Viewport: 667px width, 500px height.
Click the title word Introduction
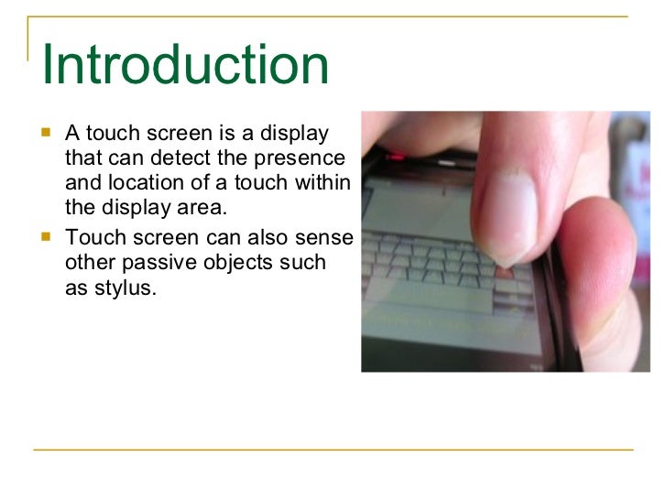point(185,65)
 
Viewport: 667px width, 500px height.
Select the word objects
point(243,263)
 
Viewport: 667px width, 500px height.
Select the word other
point(92,263)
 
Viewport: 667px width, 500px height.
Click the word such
point(304,263)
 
